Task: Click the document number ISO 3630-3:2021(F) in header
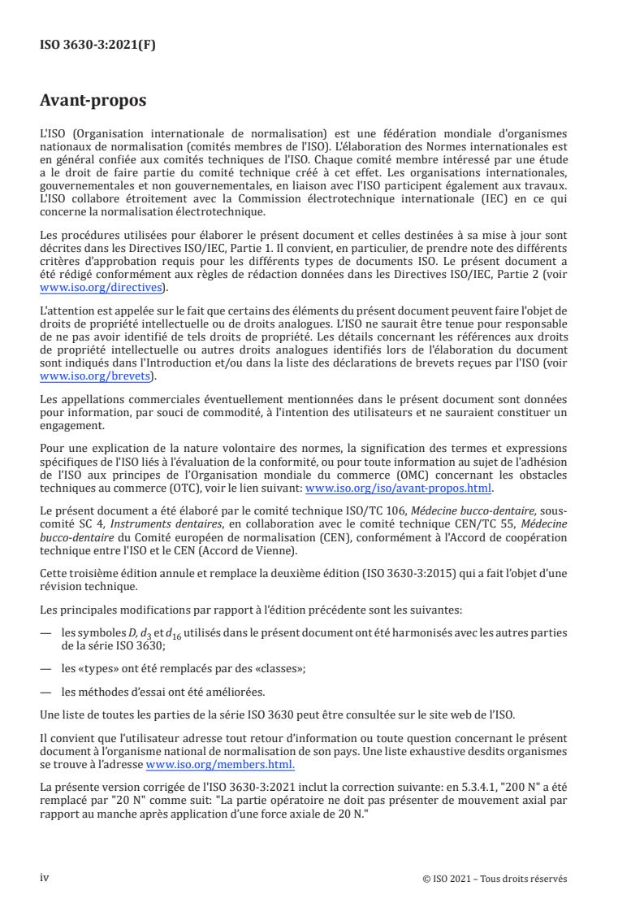(x=98, y=46)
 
